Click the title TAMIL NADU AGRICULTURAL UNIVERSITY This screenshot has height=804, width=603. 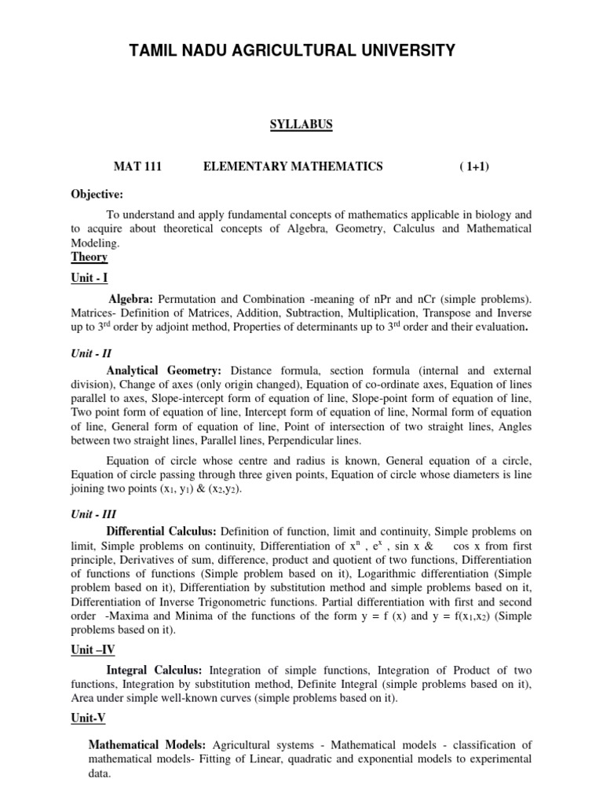pyautogui.click(x=291, y=51)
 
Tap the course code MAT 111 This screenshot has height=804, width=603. pyautogui.click(x=137, y=166)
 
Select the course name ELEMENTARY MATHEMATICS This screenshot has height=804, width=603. pyautogui.click(x=293, y=166)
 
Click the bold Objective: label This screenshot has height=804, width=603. pyautogui.click(x=97, y=195)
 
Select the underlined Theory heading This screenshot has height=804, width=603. pyautogui.click(x=90, y=257)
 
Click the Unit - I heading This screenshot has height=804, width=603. pyautogui.click(x=90, y=277)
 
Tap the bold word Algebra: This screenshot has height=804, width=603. pyautogui.click(x=132, y=299)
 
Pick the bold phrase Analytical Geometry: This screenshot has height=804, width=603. pyautogui.click(x=164, y=370)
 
